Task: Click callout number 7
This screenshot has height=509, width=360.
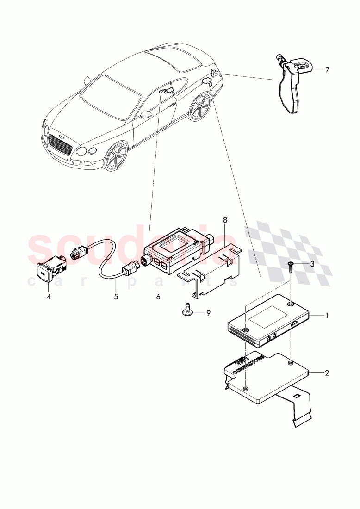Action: coord(327,69)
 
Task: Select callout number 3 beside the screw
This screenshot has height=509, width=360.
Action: coord(312,264)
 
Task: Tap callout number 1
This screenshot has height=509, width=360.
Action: coord(327,316)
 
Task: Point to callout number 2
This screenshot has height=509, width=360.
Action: coord(327,372)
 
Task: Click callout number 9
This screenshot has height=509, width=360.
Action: coord(208,313)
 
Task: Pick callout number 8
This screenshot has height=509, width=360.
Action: coord(225,221)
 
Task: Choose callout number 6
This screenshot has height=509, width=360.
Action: coord(158,297)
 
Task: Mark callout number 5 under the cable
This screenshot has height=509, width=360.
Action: coord(116,297)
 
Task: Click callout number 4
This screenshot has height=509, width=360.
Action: coord(49,297)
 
